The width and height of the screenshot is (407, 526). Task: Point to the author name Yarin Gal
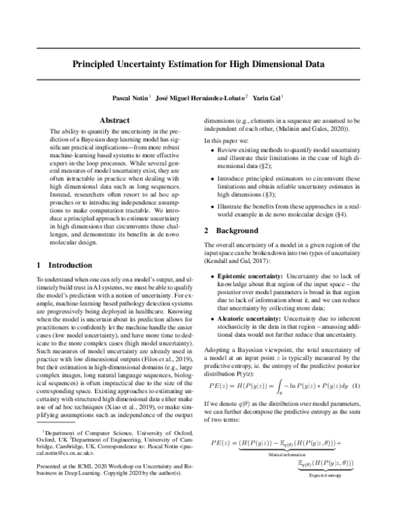tap(269, 98)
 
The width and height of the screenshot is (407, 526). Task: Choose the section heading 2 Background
tap(233, 230)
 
